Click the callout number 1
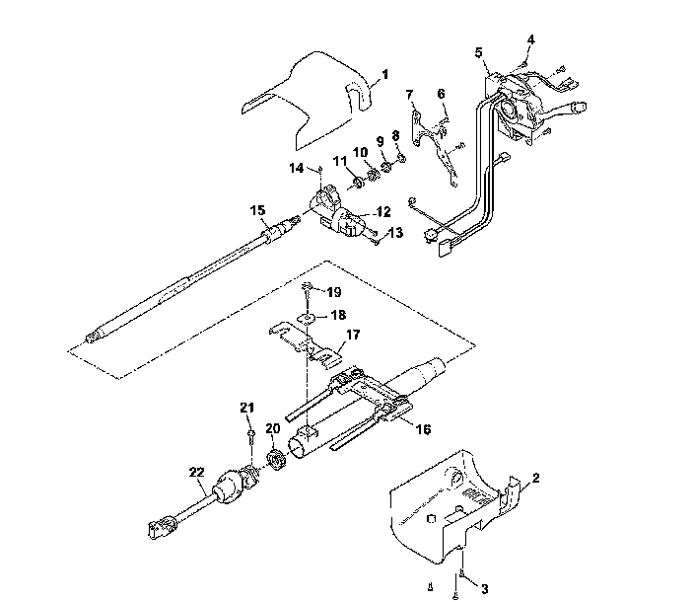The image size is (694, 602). [384, 74]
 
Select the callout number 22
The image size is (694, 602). [196, 472]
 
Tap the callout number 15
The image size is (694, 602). [256, 210]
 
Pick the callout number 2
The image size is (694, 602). [535, 480]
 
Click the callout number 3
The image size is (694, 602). [483, 588]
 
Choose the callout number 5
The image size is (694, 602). [478, 52]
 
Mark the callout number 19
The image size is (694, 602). [334, 292]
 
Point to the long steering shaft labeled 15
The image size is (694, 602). [187, 281]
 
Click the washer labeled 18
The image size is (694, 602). [310, 318]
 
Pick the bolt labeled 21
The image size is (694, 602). [251, 434]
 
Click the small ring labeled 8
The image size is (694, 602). [401, 156]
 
